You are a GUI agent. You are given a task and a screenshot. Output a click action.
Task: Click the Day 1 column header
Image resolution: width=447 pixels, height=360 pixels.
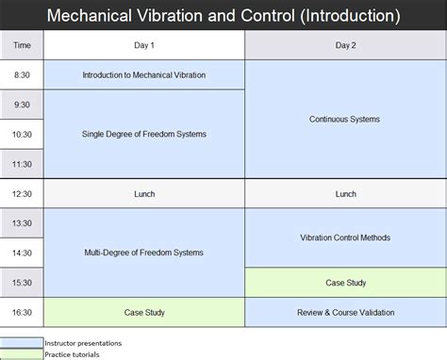tap(144, 45)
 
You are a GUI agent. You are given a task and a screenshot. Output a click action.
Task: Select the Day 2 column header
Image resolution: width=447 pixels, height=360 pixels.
tap(346, 45)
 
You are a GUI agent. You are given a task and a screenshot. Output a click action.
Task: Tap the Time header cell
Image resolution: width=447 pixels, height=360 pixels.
tap(22, 45)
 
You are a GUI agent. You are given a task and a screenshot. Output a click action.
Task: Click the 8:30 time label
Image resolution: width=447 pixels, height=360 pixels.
tap(22, 74)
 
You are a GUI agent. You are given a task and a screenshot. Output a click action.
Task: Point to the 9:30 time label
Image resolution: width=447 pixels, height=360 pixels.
tap(22, 105)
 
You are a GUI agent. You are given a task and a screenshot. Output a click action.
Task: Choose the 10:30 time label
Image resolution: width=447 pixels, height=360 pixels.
tap(22, 135)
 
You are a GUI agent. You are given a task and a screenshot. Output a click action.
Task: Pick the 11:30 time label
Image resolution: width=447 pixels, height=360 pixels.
tap(22, 164)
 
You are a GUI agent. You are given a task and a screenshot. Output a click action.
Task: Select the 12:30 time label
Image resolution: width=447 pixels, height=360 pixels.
tap(22, 194)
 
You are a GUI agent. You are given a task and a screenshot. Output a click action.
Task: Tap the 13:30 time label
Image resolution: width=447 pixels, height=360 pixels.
tap(22, 223)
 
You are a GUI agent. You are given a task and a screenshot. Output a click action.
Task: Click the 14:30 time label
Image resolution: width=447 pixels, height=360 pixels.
tap(22, 253)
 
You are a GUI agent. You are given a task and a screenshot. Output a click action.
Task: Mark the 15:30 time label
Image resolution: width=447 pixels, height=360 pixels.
tap(22, 282)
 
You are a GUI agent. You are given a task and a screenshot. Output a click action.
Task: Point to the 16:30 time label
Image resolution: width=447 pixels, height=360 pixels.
tap(22, 312)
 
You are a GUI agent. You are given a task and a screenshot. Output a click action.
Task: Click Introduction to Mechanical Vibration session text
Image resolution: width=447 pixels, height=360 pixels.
tap(144, 74)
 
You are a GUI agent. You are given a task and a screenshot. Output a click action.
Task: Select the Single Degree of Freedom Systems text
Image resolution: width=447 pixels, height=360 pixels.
tap(144, 134)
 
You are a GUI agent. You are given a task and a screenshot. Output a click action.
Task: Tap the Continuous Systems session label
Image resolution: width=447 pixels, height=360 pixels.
tap(346, 120)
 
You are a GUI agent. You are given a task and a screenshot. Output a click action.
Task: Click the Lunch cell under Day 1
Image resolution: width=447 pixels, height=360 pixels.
tap(144, 194)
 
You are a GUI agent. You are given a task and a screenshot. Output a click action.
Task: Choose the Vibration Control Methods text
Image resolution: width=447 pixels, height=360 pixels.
tap(346, 237)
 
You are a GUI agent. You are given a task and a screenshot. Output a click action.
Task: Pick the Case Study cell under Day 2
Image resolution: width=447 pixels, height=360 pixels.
tap(346, 282)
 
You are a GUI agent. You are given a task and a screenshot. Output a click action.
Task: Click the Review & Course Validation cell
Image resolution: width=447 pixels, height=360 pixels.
tap(346, 312)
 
